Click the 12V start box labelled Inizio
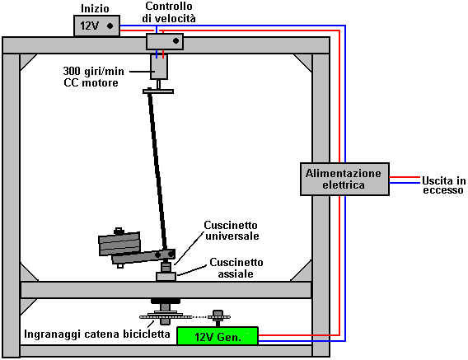pos(96,26)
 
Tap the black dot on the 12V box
pos(110,26)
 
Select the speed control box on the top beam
pos(165,41)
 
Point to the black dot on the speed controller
pos(175,40)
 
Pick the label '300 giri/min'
pos(93,72)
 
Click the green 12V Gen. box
pos(218,336)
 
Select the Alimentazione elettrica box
pos(344,179)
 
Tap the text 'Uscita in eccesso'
pos(444,185)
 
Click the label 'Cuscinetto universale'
pos(232,231)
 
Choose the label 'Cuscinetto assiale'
pos(236,268)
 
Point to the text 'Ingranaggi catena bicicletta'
pos(97,334)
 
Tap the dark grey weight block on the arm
pos(119,243)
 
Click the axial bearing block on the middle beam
pos(166,277)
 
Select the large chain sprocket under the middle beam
pos(161,316)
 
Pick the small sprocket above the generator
pos(218,316)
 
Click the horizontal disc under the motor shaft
pos(158,91)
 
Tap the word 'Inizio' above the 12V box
pos(96,8)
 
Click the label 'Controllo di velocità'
pos(169,12)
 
